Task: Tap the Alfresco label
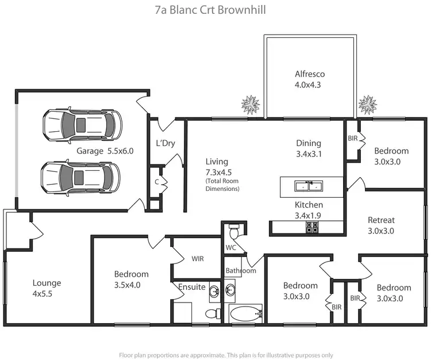[310, 74]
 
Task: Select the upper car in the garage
[82, 123]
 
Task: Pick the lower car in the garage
[81, 178]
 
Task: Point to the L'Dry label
[166, 143]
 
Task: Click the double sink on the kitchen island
[308, 186]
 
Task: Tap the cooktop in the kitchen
[313, 228]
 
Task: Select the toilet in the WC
[233, 233]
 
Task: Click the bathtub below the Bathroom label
[245, 313]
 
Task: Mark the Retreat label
[382, 220]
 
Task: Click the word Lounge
[47, 283]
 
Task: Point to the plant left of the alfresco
[250, 105]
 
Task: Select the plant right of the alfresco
[367, 104]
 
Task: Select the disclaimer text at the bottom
[226, 355]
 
